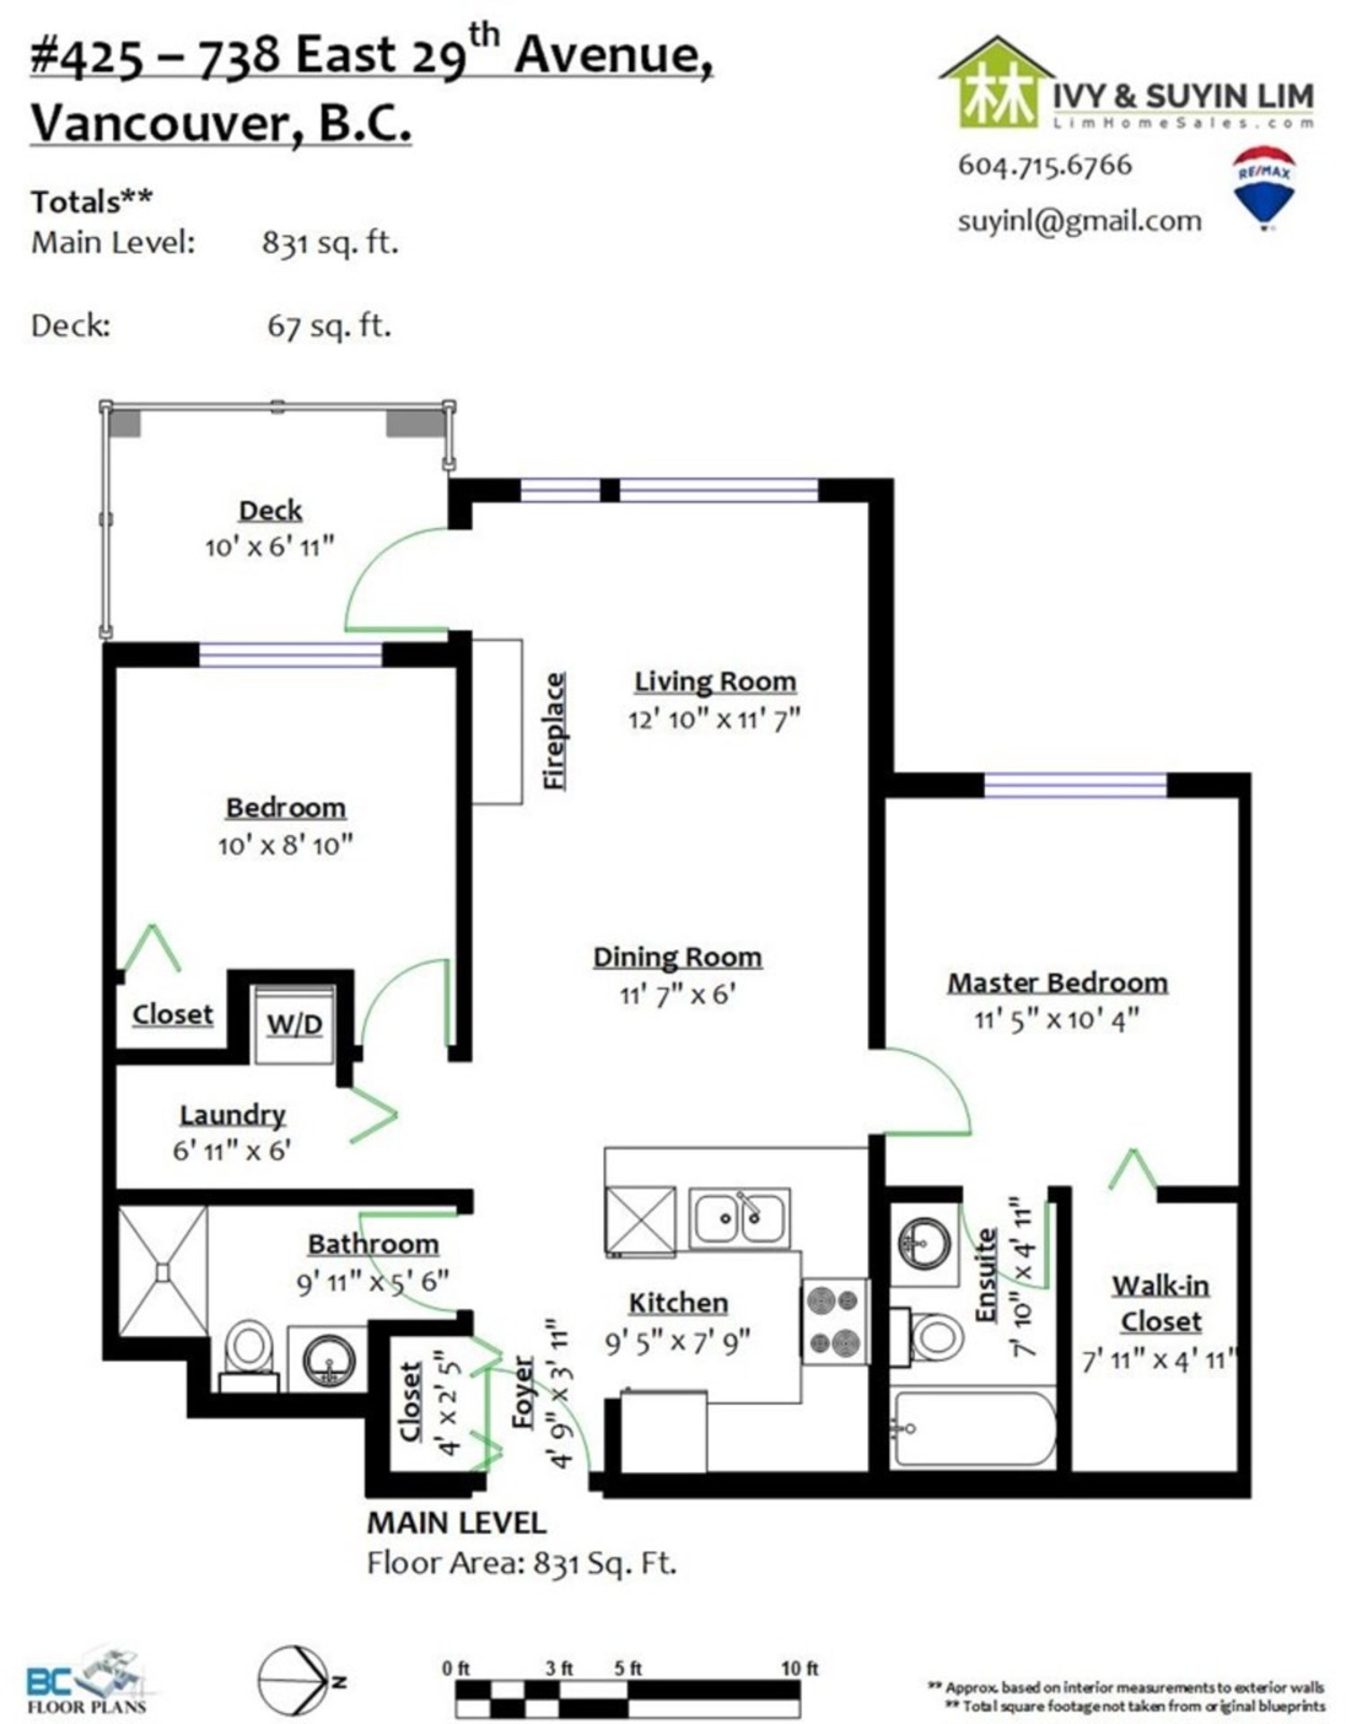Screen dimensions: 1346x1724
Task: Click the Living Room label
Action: pyautogui.click(x=715, y=682)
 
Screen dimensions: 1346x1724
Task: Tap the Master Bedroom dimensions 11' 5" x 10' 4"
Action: pyautogui.click(x=1057, y=1020)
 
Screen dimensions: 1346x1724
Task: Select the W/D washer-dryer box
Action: pyautogui.click(x=294, y=1025)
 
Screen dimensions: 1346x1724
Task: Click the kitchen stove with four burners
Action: pyautogui.click(x=834, y=1321)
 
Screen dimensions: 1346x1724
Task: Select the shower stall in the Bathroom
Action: pyautogui.click(x=163, y=1270)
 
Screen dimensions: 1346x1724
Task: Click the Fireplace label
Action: pyautogui.click(x=556, y=732)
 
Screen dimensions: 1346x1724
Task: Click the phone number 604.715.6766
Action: pyautogui.click(x=1045, y=165)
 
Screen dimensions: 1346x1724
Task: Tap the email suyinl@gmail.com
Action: pyautogui.click(x=1079, y=221)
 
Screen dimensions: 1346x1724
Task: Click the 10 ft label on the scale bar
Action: pyautogui.click(x=799, y=1668)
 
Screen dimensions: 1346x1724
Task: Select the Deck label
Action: pyautogui.click(x=270, y=511)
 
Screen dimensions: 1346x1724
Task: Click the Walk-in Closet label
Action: pyautogui.click(x=1160, y=1304)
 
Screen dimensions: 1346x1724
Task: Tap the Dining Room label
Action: pyautogui.click(x=677, y=958)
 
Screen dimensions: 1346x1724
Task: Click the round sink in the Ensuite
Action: pyautogui.click(x=925, y=1244)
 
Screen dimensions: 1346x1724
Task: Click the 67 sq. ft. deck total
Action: pyautogui.click(x=330, y=325)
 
